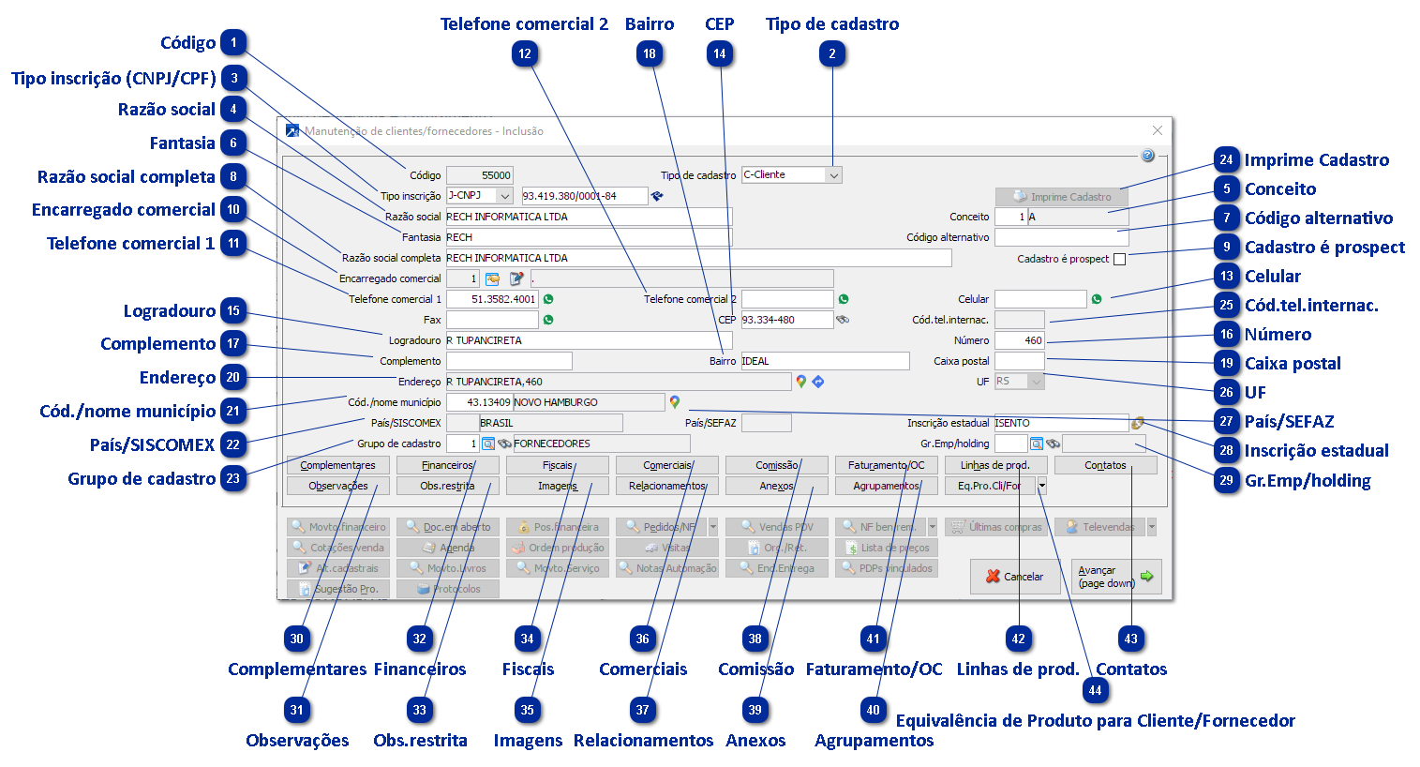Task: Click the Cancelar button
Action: (x=1014, y=577)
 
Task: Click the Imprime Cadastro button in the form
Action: (x=1061, y=197)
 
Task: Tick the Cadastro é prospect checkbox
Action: (x=1119, y=259)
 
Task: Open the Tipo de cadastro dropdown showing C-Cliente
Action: (x=833, y=175)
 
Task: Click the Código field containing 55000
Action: (x=479, y=175)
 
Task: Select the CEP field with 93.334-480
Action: (x=786, y=320)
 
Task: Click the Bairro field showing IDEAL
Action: (x=825, y=361)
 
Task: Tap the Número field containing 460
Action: (x=1019, y=340)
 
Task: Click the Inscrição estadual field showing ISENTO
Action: (x=1060, y=423)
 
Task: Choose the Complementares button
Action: (x=337, y=465)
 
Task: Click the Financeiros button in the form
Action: (x=447, y=465)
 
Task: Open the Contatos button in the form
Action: (x=1105, y=465)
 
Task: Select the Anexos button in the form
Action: (x=776, y=486)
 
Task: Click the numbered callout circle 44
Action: (x=1095, y=691)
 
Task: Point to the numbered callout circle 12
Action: (x=525, y=54)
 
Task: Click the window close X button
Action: (x=1157, y=130)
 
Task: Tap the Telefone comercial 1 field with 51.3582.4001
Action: (x=492, y=299)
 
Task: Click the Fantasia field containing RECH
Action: (x=588, y=237)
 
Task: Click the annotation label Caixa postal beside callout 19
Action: (x=1293, y=364)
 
